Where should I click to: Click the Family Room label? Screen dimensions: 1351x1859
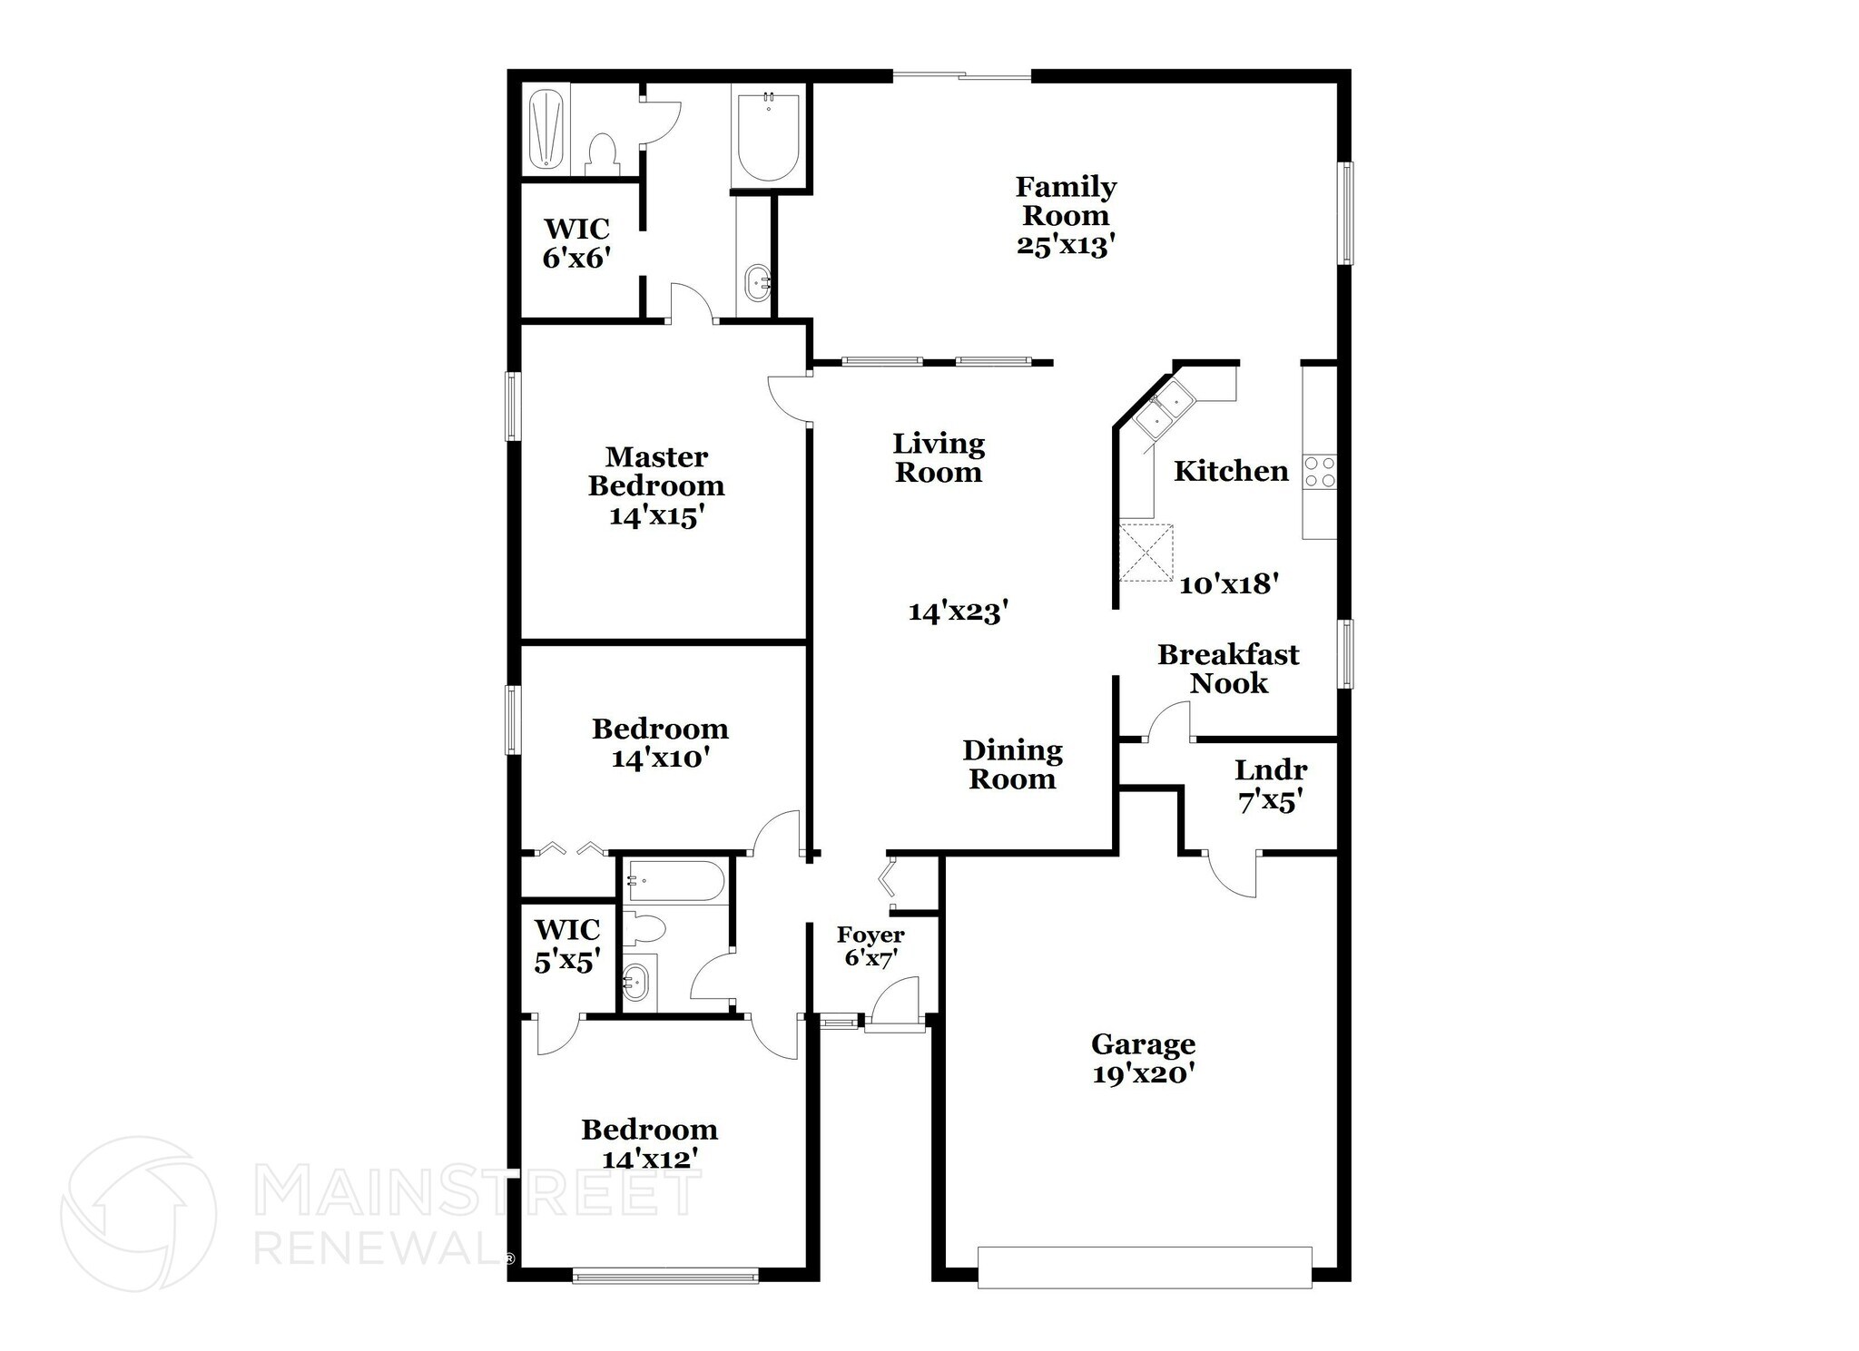(x=1065, y=201)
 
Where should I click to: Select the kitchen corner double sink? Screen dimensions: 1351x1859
(x=1164, y=408)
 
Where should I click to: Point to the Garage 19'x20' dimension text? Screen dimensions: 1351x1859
(x=1143, y=1074)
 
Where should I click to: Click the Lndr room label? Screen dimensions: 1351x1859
(x=1271, y=770)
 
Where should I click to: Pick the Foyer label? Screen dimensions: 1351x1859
(x=870, y=935)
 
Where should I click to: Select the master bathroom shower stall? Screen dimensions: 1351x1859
(x=546, y=129)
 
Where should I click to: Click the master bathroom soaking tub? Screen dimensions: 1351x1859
(x=769, y=141)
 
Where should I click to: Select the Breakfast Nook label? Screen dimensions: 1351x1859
(x=1228, y=669)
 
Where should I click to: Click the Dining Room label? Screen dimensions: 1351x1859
(x=1012, y=764)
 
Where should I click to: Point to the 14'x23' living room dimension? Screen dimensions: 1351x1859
(x=959, y=612)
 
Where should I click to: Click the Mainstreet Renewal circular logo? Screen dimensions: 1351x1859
(x=139, y=1213)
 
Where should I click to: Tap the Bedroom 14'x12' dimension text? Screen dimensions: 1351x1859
(x=650, y=1159)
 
